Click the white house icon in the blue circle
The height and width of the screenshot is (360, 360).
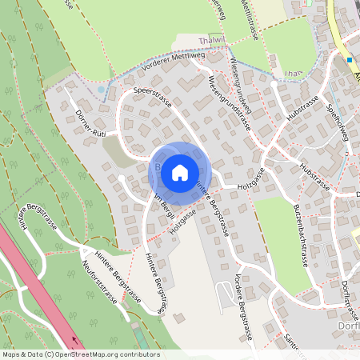pyautogui.click(x=180, y=171)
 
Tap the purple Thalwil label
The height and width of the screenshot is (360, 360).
pyautogui.click(x=211, y=39)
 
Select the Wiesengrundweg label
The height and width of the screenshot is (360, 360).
pyautogui.click(x=240, y=86)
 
